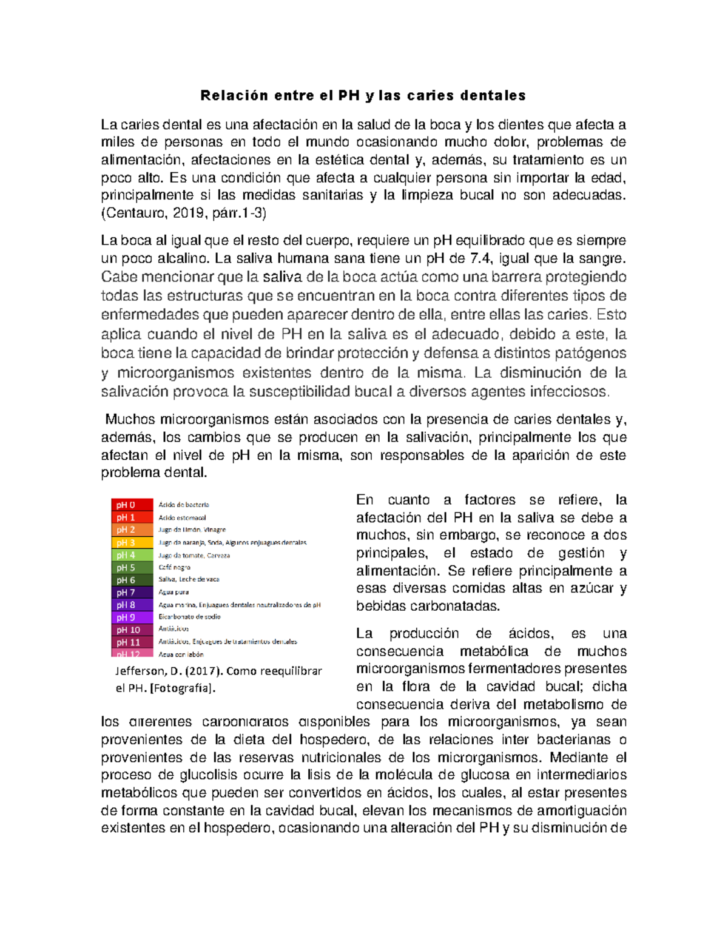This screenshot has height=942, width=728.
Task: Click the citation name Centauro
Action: (135, 213)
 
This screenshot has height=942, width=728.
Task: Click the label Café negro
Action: (174, 568)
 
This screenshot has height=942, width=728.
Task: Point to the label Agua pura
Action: (174, 592)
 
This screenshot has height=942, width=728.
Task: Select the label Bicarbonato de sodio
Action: (189, 617)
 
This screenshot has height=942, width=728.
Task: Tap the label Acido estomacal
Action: (182, 518)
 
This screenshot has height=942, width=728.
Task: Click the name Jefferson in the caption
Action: (140, 671)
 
